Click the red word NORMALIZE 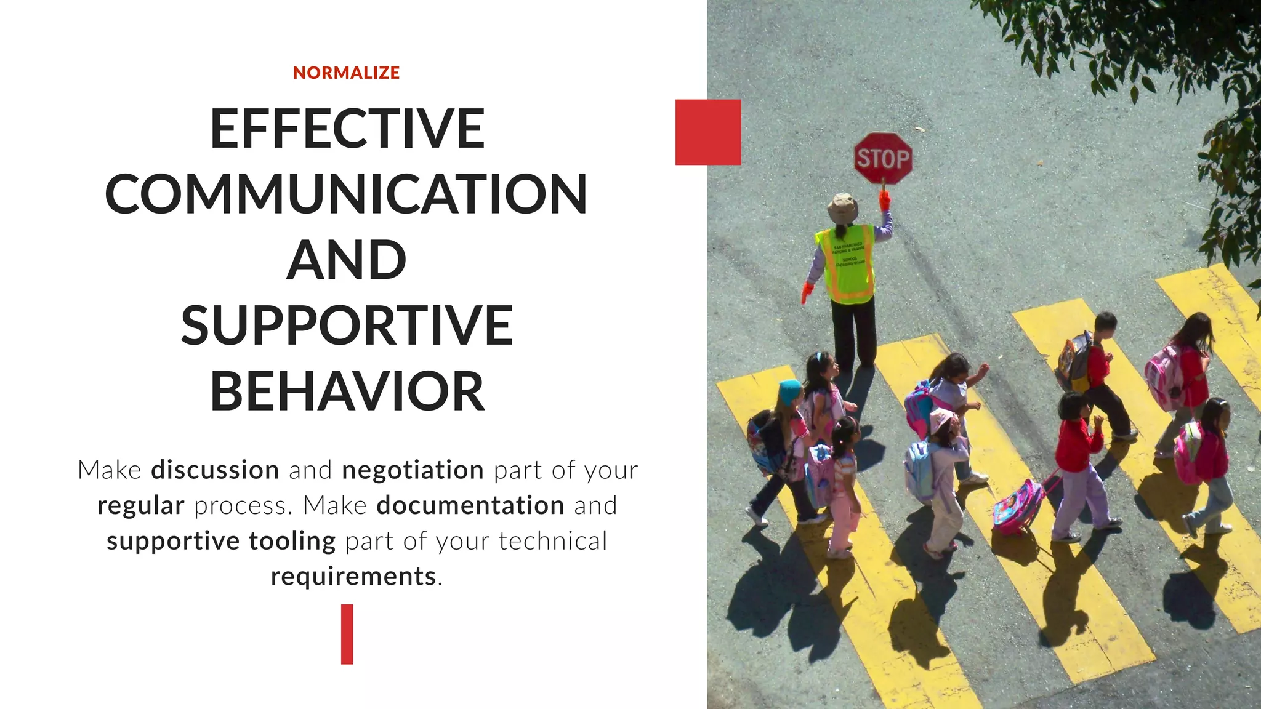[x=346, y=73]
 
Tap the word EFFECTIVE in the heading [x=347, y=129]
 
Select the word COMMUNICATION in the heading [x=346, y=194]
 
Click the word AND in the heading [x=347, y=260]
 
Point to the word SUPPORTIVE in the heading [x=347, y=326]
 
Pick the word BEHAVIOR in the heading [x=347, y=391]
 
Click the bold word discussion [x=215, y=470]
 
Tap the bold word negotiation [x=413, y=470]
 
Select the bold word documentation [x=470, y=506]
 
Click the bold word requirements [x=353, y=577]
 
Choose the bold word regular [x=141, y=506]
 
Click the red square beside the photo [x=708, y=132]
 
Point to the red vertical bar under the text [x=347, y=634]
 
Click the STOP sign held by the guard [x=883, y=158]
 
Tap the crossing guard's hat [x=842, y=208]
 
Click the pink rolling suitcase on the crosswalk [x=1017, y=507]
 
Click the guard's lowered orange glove [x=807, y=292]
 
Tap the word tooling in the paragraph [x=292, y=542]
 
